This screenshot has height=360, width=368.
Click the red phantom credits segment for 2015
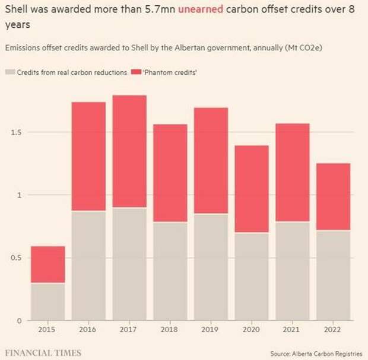(47, 265)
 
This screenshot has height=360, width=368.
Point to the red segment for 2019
(211, 161)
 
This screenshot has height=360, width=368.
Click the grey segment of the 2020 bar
(251, 276)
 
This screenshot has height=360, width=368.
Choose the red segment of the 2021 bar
(292, 173)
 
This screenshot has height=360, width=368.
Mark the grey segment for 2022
(332, 275)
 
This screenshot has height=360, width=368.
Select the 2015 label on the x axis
(47, 330)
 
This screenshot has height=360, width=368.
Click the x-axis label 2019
(211, 330)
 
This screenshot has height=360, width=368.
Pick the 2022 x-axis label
(332, 330)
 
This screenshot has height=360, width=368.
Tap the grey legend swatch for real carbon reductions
(9, 72)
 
